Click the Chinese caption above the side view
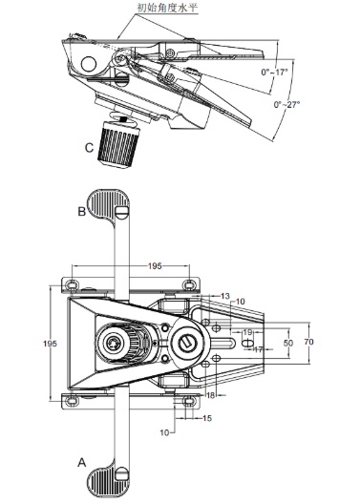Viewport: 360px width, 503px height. click(x=167, y=8)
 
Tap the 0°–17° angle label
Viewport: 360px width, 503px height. click(x=274, y=73)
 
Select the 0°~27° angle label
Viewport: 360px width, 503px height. click(x=286, y=104)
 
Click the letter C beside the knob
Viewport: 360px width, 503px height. click(x=89, y=148)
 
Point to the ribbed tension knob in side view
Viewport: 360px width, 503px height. click(x=118, y=142)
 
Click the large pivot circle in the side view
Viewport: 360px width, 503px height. click(x=89, y=64)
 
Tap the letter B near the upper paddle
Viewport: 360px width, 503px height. click(x=82, y=212)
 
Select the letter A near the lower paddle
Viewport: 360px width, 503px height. click(x=82, y=463)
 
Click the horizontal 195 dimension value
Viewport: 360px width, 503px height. click(x=155, y=266)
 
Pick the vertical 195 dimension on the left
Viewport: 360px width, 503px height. click(x=50, y=344)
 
